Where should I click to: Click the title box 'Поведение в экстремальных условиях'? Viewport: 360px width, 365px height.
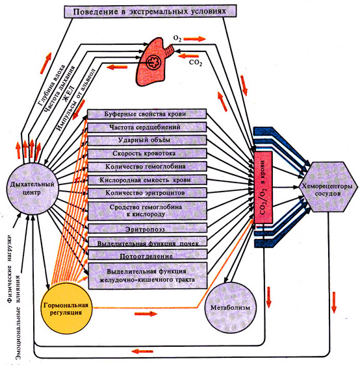coord(150,11)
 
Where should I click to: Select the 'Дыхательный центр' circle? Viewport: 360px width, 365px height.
coord(32,188)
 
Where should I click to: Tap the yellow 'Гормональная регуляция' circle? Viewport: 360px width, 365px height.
coord(66,308)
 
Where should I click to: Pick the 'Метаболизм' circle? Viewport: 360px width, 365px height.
coord(230,307)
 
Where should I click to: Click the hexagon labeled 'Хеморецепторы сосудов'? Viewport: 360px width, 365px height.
coord(328,186)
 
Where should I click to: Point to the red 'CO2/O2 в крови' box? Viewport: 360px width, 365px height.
coord(263,188)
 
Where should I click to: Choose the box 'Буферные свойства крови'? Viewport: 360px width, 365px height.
coord(147,114)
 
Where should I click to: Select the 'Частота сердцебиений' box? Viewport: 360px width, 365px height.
coord(147,127)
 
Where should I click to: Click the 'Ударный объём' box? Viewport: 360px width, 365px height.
coord(147,140)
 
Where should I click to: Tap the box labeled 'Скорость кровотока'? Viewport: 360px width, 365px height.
coord(147,154)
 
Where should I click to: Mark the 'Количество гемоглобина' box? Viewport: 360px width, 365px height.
coord(147,167)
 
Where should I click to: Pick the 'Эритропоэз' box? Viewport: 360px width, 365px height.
coord(147,229)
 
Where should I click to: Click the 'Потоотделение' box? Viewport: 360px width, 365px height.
coord(147,255)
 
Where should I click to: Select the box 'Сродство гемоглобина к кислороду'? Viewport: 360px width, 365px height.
coord(147,210)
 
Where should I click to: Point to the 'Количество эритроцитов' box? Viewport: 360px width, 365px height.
coord(147,193)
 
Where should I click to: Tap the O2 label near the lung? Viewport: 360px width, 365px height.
coord(177,39)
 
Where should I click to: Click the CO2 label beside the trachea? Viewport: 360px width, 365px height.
coord(196,63)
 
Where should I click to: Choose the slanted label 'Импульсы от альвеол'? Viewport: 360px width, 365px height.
coord(76,99)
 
